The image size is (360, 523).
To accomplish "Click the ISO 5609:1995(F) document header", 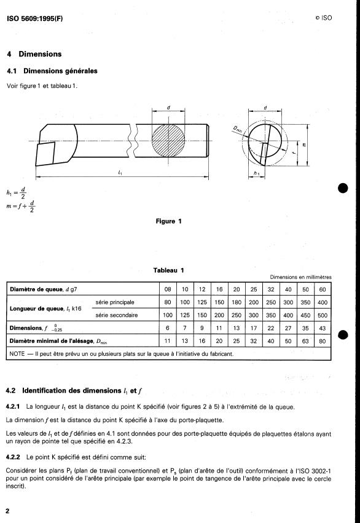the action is (x=34, y=18).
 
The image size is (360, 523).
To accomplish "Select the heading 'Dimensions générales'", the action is (x=60, y=71).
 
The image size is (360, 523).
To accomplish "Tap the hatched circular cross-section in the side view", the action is (x=168, y=140).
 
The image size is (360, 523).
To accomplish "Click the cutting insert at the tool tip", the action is (x=45, y=154).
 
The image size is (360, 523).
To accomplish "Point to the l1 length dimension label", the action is (x=120, y=172).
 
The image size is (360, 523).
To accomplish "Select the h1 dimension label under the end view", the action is (x=257, y=173).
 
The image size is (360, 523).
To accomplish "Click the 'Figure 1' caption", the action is (x=169, y=221).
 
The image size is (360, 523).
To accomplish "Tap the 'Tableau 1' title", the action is (x=169, y=270).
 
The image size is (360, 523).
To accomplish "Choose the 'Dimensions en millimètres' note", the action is (x=300, y=277).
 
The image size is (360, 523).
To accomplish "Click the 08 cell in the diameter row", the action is (x=168, y=289).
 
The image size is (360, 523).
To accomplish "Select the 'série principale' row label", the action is (x=115, y=302).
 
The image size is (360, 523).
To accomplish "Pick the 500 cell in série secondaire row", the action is (x=323, y=315).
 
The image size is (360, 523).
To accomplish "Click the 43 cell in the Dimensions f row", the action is (x=323, y=328).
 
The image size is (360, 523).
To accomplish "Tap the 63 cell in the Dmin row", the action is (x=305, y=341).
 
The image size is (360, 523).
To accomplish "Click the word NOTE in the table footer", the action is (x=17, y=353).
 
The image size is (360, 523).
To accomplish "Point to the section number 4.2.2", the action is (x=13, y=457).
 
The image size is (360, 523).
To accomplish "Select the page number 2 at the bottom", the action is (x=7, y=511).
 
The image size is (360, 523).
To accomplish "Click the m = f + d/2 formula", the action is (x=21, y=206).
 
